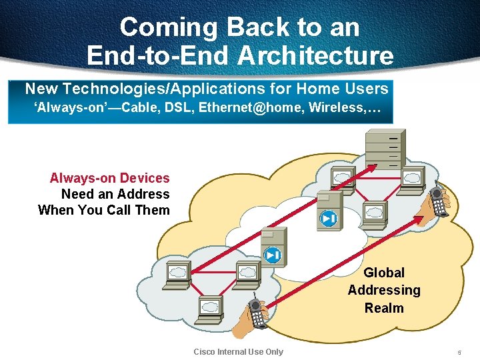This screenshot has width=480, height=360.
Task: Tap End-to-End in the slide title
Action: coord(155,55)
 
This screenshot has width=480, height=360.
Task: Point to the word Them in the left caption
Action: coord(153,210)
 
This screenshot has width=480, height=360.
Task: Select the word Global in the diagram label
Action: coord(384,273)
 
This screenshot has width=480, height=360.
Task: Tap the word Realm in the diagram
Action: coord(384,308)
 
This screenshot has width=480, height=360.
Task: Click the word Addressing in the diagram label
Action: coord(384,290)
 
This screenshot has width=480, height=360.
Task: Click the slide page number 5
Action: coord(459,352)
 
